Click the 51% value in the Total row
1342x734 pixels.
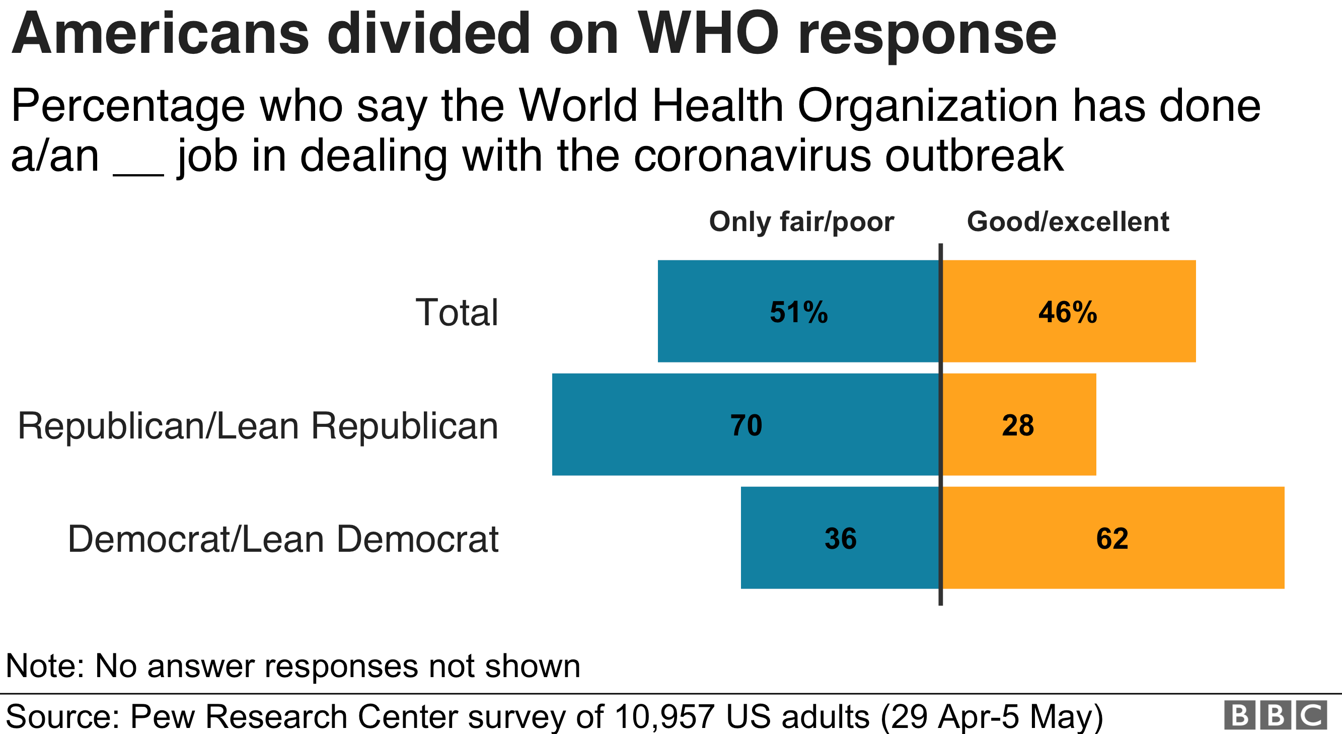click(798, 313)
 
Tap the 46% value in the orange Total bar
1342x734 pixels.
click(1068, 313)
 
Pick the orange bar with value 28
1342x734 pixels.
click(1018, 424)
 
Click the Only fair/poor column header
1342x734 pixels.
click(801, 222)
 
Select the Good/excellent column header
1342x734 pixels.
click(1068, 222)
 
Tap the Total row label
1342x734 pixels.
click(457, 313)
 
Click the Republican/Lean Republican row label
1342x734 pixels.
click(258, 426)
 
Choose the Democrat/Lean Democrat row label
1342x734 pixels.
click(283, 539)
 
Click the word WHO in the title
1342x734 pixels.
click(709, 34)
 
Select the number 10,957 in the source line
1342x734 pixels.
click(664, 716)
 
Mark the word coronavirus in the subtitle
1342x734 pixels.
click(752, 156)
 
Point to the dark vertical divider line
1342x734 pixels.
click(940, 424)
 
